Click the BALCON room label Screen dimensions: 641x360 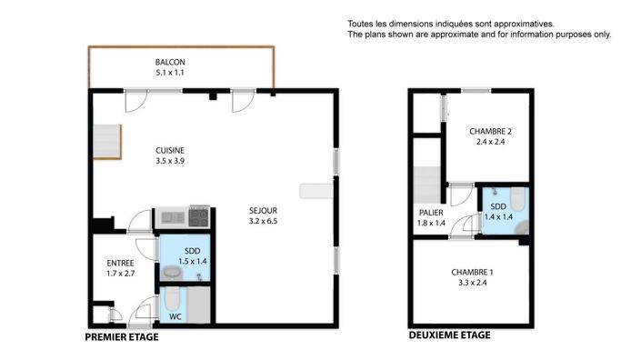tap(170, 62)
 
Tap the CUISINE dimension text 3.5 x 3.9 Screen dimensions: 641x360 tap(170, 161)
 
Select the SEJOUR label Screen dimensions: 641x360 tap(264, 211)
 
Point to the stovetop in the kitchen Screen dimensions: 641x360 tap(199, 217)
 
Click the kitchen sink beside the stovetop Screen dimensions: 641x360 tap(173, 217)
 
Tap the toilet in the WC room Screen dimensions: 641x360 tap(172, 299)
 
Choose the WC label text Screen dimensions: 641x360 tap(175, 316)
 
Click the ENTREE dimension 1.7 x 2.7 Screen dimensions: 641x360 tap(121, 274)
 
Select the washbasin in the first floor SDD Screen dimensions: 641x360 tap(173, 272)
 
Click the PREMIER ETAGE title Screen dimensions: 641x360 tap(122, 337)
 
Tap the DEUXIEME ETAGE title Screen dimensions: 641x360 tap(450, 335)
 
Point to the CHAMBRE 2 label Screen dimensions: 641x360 tap(491, 132)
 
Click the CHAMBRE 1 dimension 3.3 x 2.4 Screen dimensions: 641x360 tap(473, 283)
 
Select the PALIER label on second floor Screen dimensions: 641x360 tap(431, 213)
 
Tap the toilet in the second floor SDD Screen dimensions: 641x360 tap(517, 199)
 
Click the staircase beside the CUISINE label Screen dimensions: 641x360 tap(107, 142)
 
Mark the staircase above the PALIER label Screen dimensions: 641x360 tap(426, 185)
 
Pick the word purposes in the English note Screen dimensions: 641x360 tap(574, 35)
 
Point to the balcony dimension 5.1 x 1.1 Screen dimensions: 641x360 tap(170, 73)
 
